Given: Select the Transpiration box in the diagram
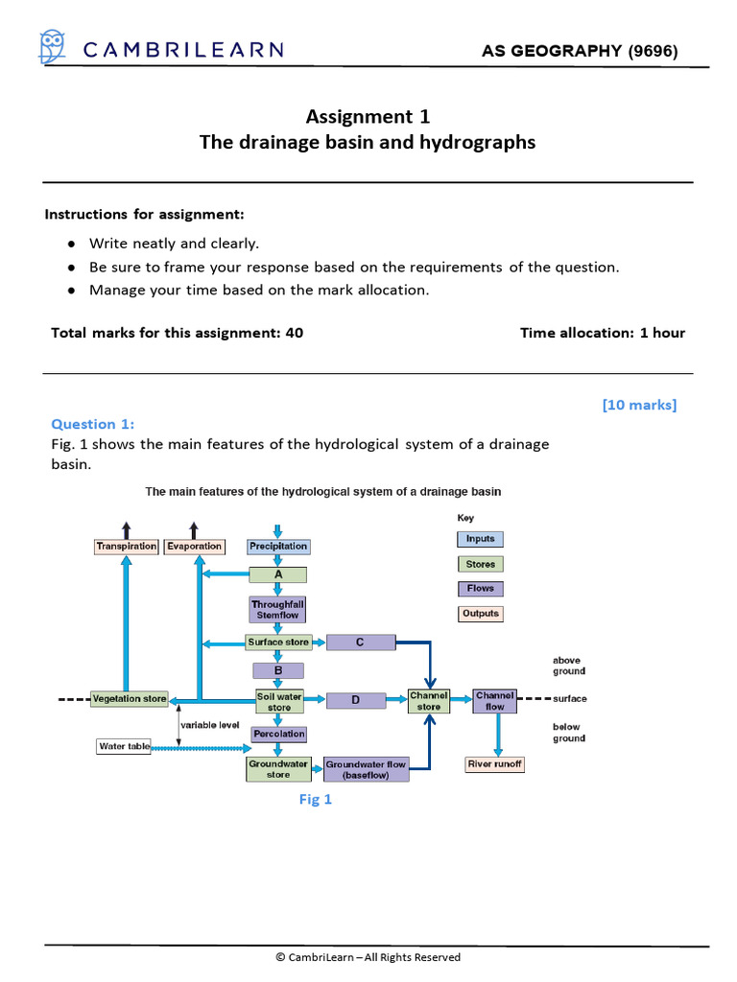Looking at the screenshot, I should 127,547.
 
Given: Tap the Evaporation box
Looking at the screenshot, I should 194,547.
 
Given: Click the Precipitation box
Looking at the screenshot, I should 278,547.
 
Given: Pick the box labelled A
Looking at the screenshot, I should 278,575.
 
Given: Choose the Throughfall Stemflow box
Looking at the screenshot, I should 278,610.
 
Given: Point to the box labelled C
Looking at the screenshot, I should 360,643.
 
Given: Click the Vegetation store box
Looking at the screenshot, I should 130,699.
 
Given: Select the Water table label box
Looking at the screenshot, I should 125,746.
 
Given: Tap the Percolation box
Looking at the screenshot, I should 279,735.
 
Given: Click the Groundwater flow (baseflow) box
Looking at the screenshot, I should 366,769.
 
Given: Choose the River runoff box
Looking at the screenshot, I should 495,764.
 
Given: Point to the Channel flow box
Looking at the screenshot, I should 495,701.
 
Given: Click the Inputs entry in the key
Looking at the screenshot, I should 480,539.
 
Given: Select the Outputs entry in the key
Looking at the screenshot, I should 480,614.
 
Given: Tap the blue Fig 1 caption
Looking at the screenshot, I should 316,800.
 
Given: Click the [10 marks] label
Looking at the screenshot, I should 639,405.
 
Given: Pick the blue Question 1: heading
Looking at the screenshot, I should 93,424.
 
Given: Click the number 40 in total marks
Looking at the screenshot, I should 294,333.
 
